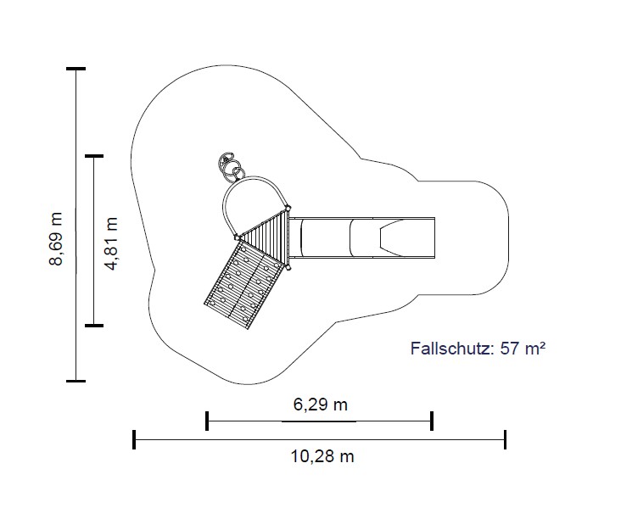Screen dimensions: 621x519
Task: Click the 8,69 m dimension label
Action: [x=56, y=238]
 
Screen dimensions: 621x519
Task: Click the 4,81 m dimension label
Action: [x=111, y=243]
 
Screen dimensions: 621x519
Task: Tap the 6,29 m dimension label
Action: [x=321, y=405]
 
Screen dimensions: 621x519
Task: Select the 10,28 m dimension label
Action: [x=322, y=456]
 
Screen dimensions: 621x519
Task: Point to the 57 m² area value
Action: [x=523, y=348]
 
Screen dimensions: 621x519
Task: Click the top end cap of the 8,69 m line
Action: [x=76, y=69]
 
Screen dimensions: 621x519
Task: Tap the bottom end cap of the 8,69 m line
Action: [x=76, y=381]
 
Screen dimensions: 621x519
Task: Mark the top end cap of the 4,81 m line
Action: [x=94, y=156]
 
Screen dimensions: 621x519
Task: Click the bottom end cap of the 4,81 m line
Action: [x=94, y=326]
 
